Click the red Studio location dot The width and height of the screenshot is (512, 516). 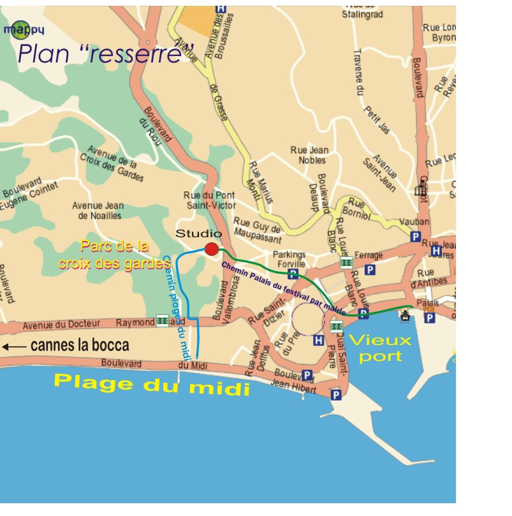point(212,249)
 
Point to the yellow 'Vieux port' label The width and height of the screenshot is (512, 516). point(380,348)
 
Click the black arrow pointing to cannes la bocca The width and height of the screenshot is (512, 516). point(13,347)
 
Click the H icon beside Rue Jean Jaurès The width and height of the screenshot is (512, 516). point(436,251)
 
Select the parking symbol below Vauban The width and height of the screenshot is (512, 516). point(415,237)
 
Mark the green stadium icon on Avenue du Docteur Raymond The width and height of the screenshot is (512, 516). point(163,321)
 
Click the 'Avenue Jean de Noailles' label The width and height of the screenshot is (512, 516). point(98,210)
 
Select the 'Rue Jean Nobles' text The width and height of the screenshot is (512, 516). point(310,155)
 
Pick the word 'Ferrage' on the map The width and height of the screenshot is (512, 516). point(369,256)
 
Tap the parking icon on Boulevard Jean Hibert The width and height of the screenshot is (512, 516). point(307,375)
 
